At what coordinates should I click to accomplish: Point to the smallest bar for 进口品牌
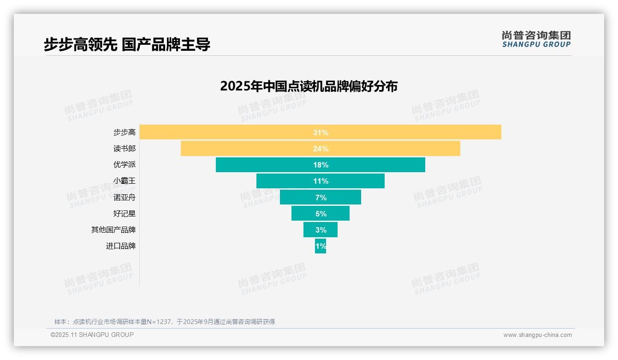click(321, 246)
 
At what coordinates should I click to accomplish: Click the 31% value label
click(321, 132)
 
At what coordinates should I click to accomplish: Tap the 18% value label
click(321, 165)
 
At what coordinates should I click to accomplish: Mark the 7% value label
click(321, 198)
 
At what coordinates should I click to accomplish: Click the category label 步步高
click(125, 132)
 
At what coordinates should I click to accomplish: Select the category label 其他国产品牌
click(113, 230)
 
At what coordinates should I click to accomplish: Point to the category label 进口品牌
click(121, 246)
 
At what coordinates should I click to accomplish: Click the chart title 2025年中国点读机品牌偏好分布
click(309, 86)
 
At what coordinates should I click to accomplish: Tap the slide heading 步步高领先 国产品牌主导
click(127, 44)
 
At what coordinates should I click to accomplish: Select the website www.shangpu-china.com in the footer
click(537, 335)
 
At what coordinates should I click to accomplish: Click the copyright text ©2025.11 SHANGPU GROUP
click(92, 335)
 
